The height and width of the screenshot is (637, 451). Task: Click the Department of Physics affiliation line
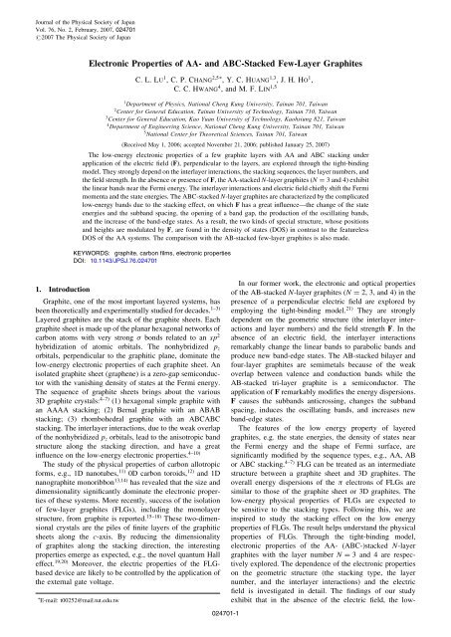click(x=225, y=105)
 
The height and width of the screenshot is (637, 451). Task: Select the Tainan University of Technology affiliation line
click(x=225, y=114)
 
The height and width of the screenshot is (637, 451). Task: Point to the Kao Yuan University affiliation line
click(x=225, y=123)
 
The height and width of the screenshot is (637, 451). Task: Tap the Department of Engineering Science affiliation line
click(x=225, y=132)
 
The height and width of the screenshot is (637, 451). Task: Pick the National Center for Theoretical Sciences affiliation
click(x=225, y=141)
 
